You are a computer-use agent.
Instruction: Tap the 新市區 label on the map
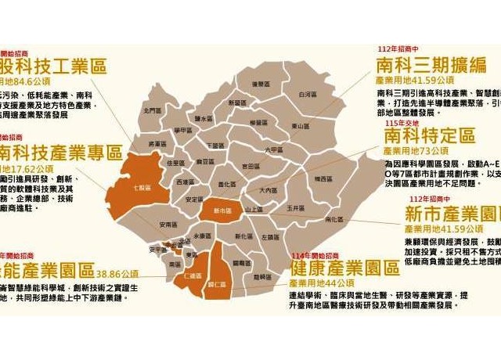[x=217, y=211]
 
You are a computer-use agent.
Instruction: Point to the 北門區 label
[x=153, y=111]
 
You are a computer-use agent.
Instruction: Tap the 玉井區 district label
[x=294, y=209]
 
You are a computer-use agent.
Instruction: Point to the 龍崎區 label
[x=263, y=276]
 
